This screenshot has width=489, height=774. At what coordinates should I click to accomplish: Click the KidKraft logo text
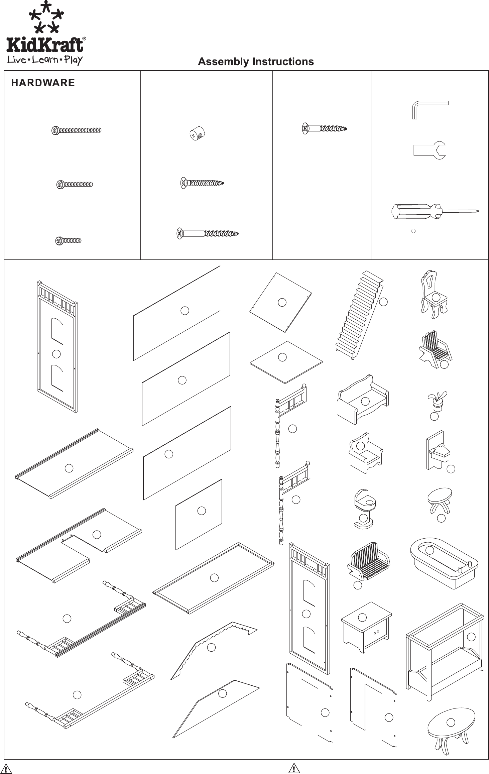[45, 45]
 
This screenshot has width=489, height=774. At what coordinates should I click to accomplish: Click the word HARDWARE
[43, 83]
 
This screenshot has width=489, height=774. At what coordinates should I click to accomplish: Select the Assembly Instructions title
[256, 62]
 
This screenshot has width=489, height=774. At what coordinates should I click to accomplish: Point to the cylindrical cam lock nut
[197, 134]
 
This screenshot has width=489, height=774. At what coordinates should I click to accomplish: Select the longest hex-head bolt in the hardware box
[77, 130]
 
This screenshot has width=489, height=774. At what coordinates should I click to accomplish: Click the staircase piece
[359, 314]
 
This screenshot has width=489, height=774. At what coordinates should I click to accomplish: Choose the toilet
[364, 508]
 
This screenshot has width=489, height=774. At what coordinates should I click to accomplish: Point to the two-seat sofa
[363, 400]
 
